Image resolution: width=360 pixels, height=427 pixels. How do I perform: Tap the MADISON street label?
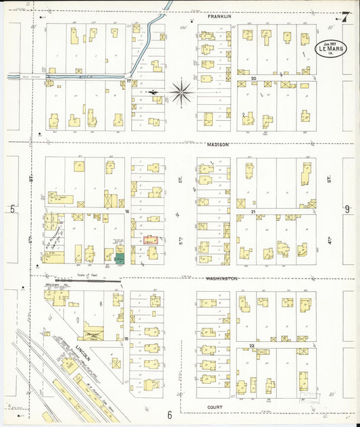[217, 145]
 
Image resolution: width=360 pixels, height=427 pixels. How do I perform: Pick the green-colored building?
[119, 257]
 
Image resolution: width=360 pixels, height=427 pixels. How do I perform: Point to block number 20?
[253, 78]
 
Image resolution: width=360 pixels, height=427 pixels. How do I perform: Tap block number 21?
[251, 211]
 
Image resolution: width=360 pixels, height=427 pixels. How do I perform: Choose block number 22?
[251, 345]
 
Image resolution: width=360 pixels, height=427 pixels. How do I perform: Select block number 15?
[126, 338]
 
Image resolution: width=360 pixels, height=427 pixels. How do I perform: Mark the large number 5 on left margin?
[12, 209]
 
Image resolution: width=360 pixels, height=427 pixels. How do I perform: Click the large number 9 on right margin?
[347, 209]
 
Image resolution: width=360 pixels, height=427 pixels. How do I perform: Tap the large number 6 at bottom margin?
[170, 415]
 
